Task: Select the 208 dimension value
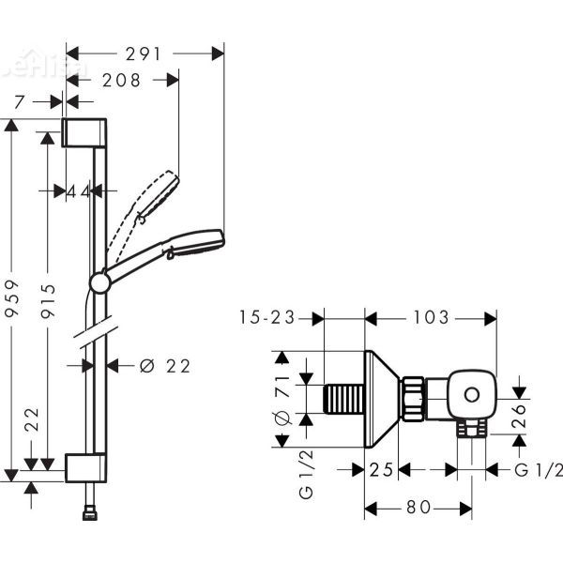pos(121,81)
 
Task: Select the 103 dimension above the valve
pos(431,318)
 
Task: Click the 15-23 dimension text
pos(269,318)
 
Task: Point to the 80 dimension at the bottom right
pos(418,508)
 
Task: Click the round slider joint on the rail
pos(99,282)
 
